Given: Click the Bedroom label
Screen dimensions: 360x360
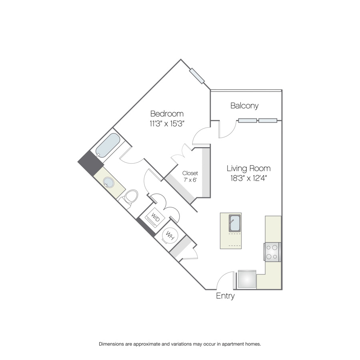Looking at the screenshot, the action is [x=167, y=114].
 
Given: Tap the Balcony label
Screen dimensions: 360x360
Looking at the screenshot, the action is [x=244, y=106].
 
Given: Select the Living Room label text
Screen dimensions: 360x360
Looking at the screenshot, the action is [x=249, y=168].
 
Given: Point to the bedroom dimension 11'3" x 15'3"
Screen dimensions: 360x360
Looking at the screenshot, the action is [x=167, y=124].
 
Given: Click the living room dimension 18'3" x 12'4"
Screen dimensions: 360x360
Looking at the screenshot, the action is [x=249, y=178].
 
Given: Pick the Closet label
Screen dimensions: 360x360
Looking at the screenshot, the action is [x=190, y=173].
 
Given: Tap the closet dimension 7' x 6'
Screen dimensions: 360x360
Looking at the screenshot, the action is [x=190, y=180].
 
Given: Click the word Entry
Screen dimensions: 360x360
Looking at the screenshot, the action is [x=225, y=296].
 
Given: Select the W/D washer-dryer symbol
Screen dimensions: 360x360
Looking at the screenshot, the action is [x=154, y=217].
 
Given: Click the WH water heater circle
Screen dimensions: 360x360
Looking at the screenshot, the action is [x=170, y=236].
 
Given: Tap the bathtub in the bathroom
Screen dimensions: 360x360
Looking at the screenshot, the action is [x=108, y=145].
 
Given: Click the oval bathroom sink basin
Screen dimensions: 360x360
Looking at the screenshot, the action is [x=108, y=182].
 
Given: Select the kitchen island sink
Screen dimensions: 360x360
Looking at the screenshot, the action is [x=235, y=223].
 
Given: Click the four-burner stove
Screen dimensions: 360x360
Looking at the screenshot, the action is [x=272, y=252].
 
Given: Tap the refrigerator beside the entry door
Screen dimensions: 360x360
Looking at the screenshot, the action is [x=247, y=279].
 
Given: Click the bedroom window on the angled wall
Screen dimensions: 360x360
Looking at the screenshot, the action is [x=197, y=76].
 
